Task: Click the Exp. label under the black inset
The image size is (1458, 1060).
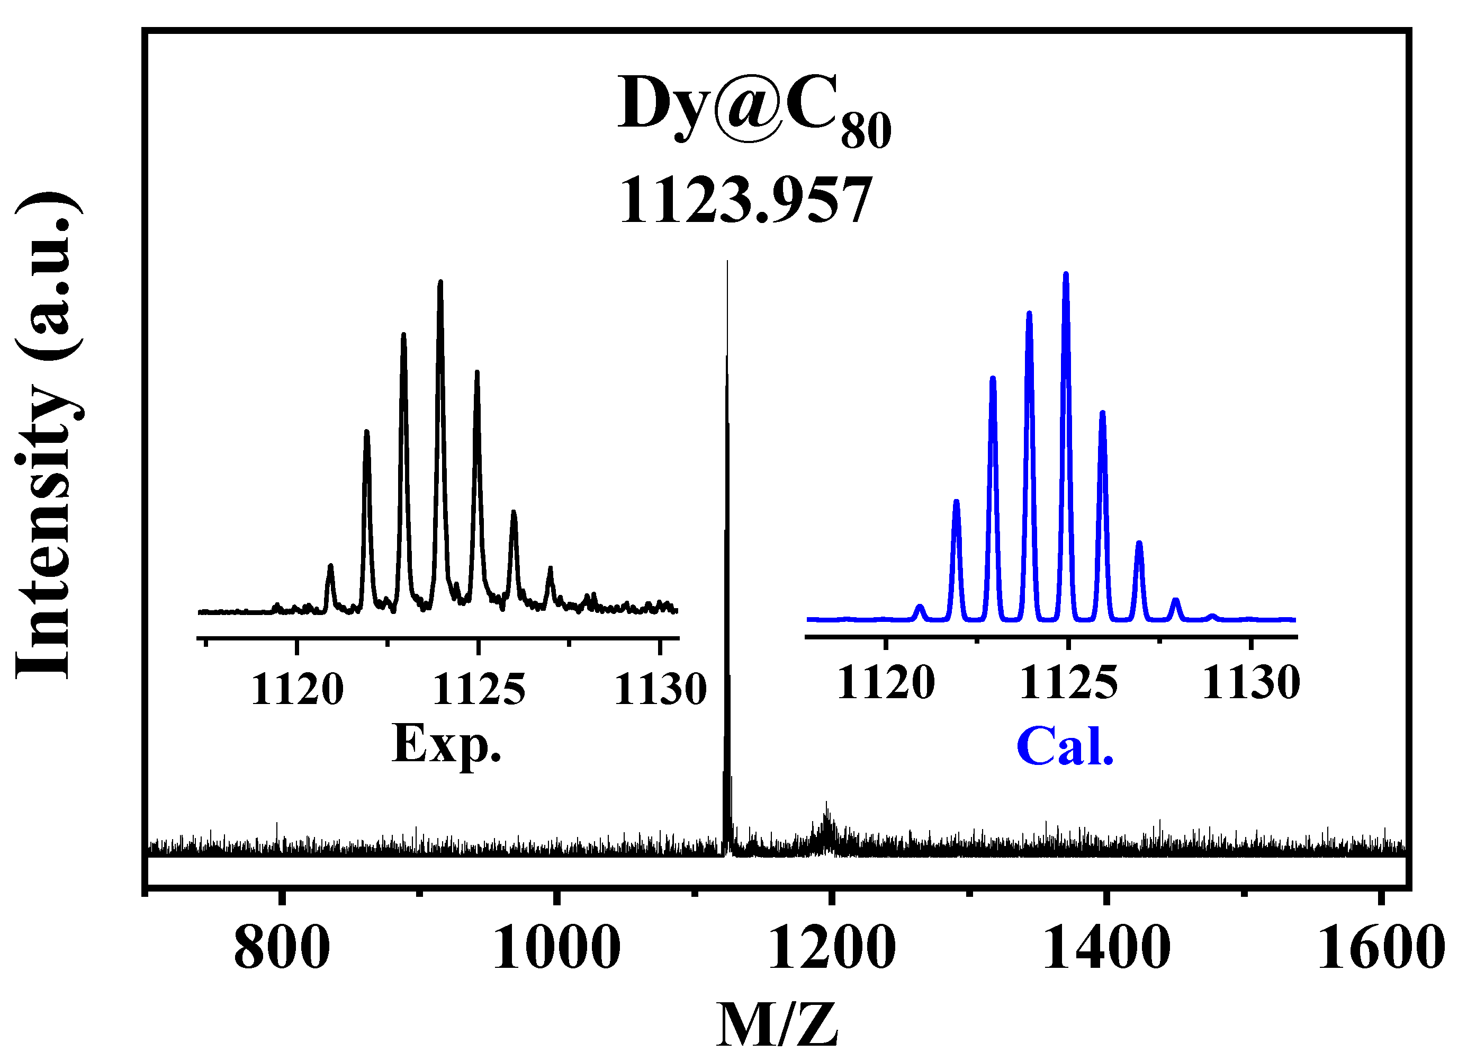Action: (446, 744)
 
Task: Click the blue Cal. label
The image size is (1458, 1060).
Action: (1065, 746)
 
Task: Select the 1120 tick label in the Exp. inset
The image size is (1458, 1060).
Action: (297, 690)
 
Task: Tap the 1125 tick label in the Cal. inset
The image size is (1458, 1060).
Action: (1068, 683)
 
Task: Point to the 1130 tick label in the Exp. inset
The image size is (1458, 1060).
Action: (660, 690)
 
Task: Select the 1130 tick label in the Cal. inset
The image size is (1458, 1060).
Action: (1250, 683)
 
